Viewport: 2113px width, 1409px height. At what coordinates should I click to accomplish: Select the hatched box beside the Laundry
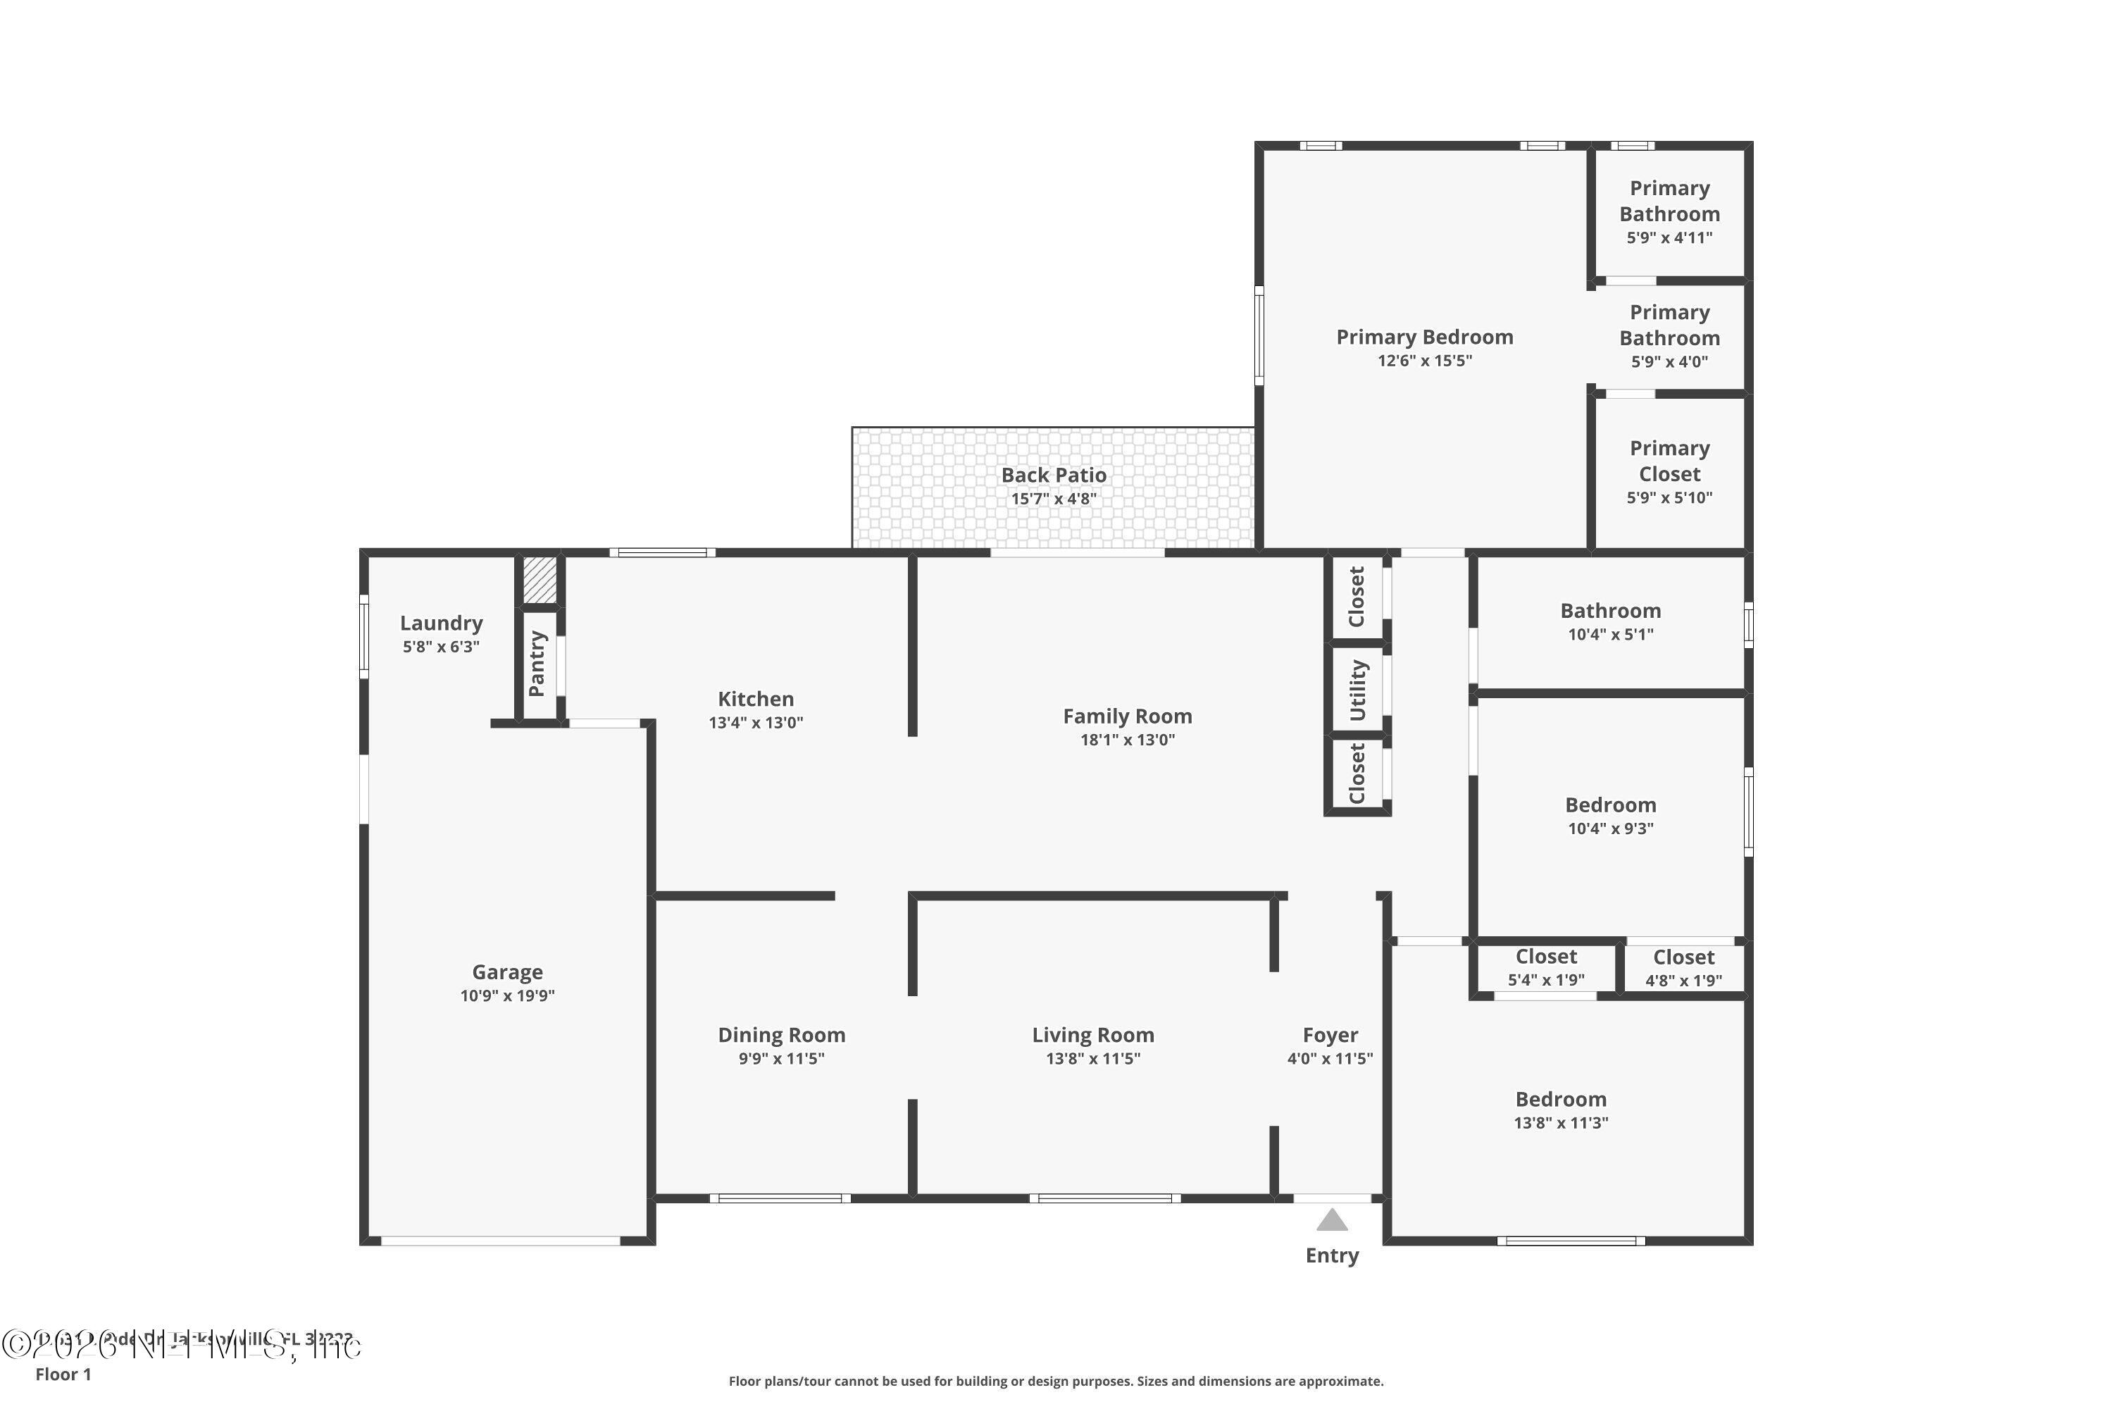[540, 581]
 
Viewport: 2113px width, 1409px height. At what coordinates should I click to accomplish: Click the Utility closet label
[1357, 689]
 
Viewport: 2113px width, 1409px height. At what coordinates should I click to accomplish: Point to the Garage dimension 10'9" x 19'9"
[508, 995]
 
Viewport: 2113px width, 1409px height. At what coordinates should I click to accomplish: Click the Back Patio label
[1054, 474]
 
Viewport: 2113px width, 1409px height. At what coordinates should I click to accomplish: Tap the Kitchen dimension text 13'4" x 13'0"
[756, 723]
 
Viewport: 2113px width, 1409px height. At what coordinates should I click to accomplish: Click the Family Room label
[1128, 716]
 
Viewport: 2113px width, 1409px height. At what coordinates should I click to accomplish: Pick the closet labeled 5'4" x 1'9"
[1546, 968]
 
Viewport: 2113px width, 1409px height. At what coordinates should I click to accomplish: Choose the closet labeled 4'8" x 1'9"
[1683, 969]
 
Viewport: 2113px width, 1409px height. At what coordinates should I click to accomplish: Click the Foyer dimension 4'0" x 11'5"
[1330, 1059]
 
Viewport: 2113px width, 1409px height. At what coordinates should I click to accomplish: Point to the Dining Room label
[782, 1035]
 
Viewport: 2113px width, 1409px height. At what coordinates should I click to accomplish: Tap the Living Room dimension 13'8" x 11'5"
[1092, 1059]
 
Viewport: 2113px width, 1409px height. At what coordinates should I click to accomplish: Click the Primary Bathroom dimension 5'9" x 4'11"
[1669, 238]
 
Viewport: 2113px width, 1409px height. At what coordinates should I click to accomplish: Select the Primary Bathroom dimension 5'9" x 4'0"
[1669, 362]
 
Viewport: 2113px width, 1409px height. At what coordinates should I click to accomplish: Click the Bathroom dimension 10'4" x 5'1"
[1611, 635]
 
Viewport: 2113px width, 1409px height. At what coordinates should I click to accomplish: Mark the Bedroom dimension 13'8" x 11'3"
[1561, 1122]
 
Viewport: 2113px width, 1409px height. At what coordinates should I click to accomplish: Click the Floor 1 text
[63, 1374]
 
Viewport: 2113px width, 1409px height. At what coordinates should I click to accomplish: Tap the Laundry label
[441, 623]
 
